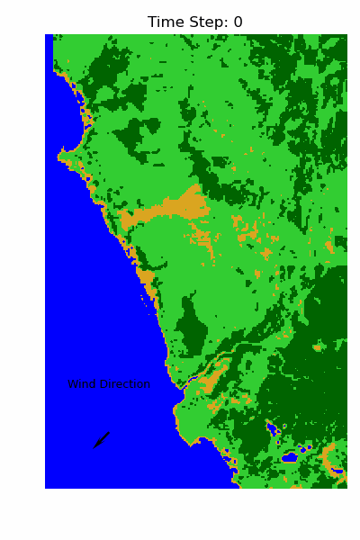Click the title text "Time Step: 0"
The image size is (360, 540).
coord(195,22)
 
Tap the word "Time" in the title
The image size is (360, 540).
coord(165,22)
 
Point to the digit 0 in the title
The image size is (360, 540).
coord(238,22)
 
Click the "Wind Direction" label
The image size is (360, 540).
coord(108,384)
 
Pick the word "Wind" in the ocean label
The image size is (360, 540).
coord(81,384)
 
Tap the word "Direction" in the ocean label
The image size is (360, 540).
coord(123,384)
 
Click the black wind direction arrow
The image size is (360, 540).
coord(102,439)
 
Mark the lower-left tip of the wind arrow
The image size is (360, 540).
coord(94,446)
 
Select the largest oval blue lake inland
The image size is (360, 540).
coord(289,457)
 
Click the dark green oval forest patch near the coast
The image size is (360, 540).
coord(191,324)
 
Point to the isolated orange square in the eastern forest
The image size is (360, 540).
coord(317,346)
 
